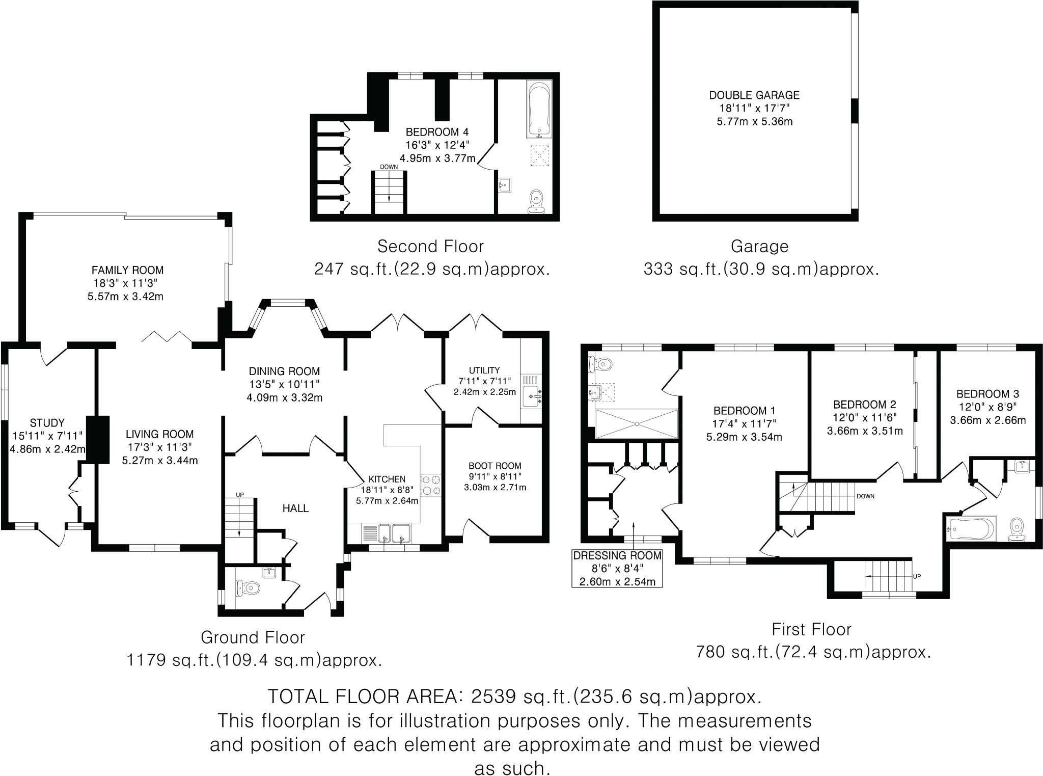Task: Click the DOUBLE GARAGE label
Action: click(x=754, y=95)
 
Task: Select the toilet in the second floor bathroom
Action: click(x=536, y=201)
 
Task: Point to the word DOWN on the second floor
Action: click(x=389, y=167)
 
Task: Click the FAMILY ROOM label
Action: click(x=127, y=270)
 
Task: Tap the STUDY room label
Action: click(x=47, y=423)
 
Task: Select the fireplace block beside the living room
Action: click(x=98, y=440)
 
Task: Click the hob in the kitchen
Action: click(x=431, y=485)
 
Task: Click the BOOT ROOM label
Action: click(x=495, y=466)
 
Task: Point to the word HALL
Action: click(x=296, y=508)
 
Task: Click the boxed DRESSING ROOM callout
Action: click(x=617, y=568)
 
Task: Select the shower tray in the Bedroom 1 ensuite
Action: click(x=637, y=423)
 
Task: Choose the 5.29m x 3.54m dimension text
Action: click(x=744, y=437)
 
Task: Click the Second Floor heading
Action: click(x=430, y=247)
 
